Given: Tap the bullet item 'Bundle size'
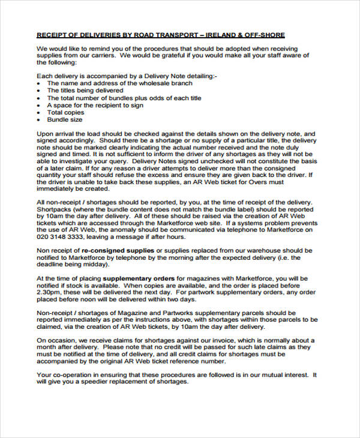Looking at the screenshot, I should coord(65,119).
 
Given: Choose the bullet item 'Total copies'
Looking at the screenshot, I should coord(67,112).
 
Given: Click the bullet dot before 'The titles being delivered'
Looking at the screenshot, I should coord(40,91).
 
